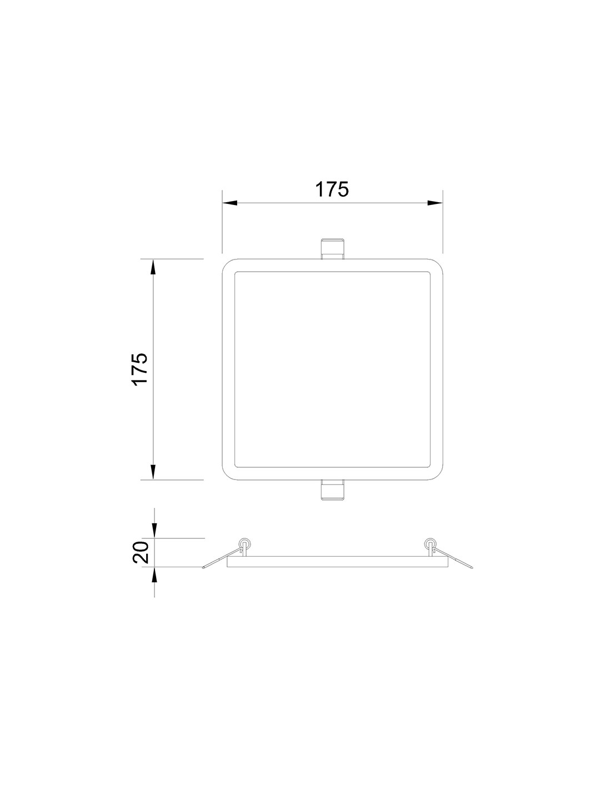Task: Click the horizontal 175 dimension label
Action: click(332, 189)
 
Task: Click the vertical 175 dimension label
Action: click(139, 368)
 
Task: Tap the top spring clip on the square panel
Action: click(332, 248)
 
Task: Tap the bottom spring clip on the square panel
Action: click(332, 489)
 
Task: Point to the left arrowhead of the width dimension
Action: click(230, 203)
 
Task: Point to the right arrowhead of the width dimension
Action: click(435, 203)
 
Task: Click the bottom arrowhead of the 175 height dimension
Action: click(153, 471)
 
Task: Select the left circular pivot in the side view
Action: click(243, 542)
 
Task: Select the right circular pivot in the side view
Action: click(429, 542)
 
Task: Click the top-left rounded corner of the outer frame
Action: click(227, 264)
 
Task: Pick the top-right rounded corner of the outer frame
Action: click(438, 264)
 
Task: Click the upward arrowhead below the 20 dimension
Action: click(154, 574)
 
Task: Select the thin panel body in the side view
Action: click(337, 562)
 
